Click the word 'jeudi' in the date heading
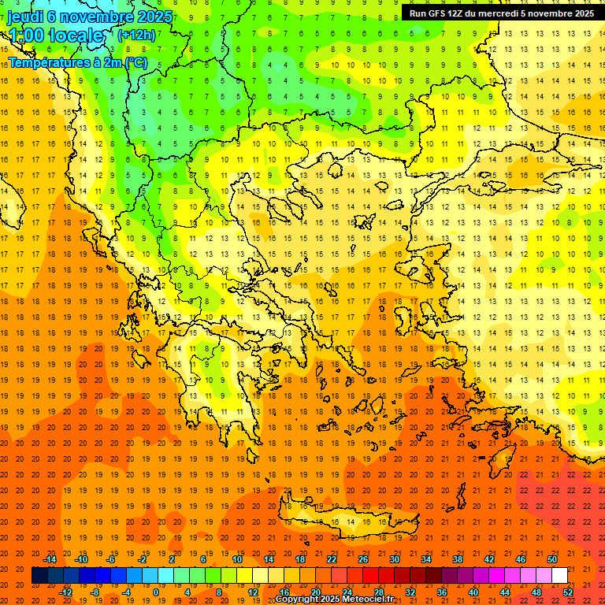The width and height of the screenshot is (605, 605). pos(25,17)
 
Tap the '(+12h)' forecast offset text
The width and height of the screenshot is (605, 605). pos(136,35)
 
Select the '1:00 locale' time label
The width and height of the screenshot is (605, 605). pos(55,35)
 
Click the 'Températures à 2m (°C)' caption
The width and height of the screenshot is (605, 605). pos(77,62)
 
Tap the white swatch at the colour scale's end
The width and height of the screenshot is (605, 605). pos(559,575)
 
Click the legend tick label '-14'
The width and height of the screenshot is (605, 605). pos(51,559)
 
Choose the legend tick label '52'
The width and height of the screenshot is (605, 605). pos(569,592)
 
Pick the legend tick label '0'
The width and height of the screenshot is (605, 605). pos(155,592)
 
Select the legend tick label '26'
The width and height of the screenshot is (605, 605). pos(363,559)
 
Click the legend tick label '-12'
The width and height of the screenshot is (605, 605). pos(65,592)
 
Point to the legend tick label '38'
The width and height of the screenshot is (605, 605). pos(458,559)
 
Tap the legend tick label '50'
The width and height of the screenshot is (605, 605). pos(552,559)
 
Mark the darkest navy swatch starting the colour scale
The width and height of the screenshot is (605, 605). pos(39,575)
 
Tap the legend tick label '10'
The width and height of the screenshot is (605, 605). pos(237,559)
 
